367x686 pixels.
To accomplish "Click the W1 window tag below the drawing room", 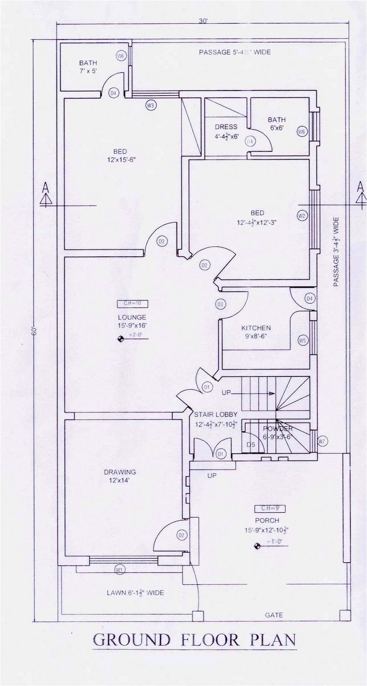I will click(119, 570).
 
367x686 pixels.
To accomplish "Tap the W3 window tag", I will click(150, 105).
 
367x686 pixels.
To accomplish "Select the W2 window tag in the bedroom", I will click(301, 216).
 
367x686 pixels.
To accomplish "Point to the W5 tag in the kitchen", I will click(303, 341).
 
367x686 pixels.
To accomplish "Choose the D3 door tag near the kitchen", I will click(220, 304).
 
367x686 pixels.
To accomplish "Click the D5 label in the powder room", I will click(251, 445).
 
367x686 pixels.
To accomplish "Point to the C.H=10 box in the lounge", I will click(132, 304).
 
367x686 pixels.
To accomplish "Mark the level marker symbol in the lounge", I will click(121, 339).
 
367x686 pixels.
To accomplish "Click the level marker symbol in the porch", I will click(257, 546).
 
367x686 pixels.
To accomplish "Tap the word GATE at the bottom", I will click(274, 615).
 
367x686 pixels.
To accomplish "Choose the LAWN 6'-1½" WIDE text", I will click(135, 593).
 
